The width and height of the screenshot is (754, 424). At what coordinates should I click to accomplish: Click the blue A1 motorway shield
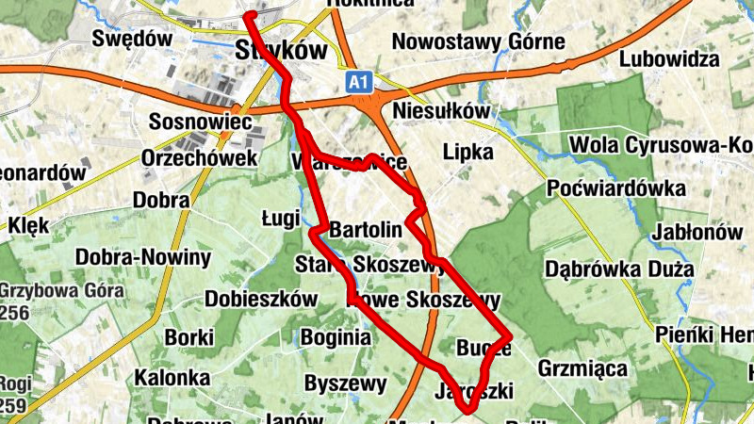[x=357, y=83]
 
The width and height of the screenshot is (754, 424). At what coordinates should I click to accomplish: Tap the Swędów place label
[x=133, y=39]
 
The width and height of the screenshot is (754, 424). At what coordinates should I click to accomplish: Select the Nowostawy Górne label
[x=478, y=41]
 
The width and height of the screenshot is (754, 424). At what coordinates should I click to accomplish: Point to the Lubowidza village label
[x=669, y=59]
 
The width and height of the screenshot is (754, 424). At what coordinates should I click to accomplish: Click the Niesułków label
[x=442, y=110]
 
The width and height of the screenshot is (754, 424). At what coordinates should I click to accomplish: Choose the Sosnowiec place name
[x=199, y=122]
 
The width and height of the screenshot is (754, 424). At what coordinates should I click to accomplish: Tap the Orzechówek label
[x=199, y=158]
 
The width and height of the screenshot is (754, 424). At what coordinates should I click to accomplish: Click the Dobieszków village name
[x=262, y=299]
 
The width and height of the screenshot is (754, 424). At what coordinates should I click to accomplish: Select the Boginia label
[x=335, y=336]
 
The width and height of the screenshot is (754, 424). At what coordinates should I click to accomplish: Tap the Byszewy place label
[x=346, y=383]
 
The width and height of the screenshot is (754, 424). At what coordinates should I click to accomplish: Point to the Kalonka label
[x=172, y=378]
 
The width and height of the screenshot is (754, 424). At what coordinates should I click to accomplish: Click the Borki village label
[x=189, y=336]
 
